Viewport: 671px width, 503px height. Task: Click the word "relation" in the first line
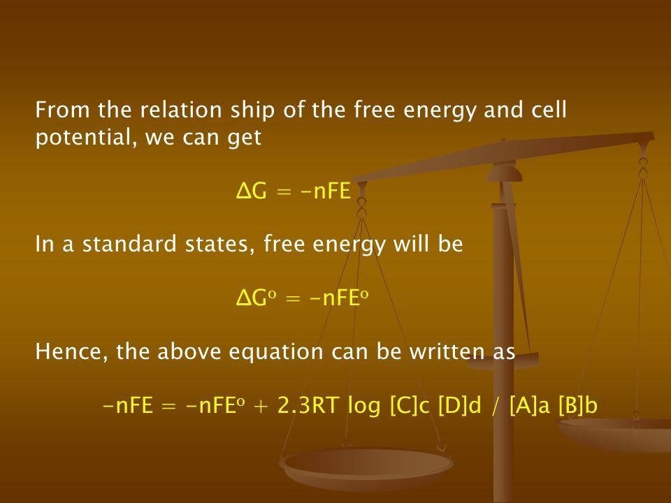tap(181, 110)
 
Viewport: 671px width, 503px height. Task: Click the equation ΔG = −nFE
tap(294, 191)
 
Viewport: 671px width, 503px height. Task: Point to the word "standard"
tap(129, 244)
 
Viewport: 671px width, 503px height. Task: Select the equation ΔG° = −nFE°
tap(302, 298)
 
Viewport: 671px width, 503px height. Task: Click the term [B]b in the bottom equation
tap(578, 405)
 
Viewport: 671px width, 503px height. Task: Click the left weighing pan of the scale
tap(366, 468)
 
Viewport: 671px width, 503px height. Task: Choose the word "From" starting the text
tap(62, 110)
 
